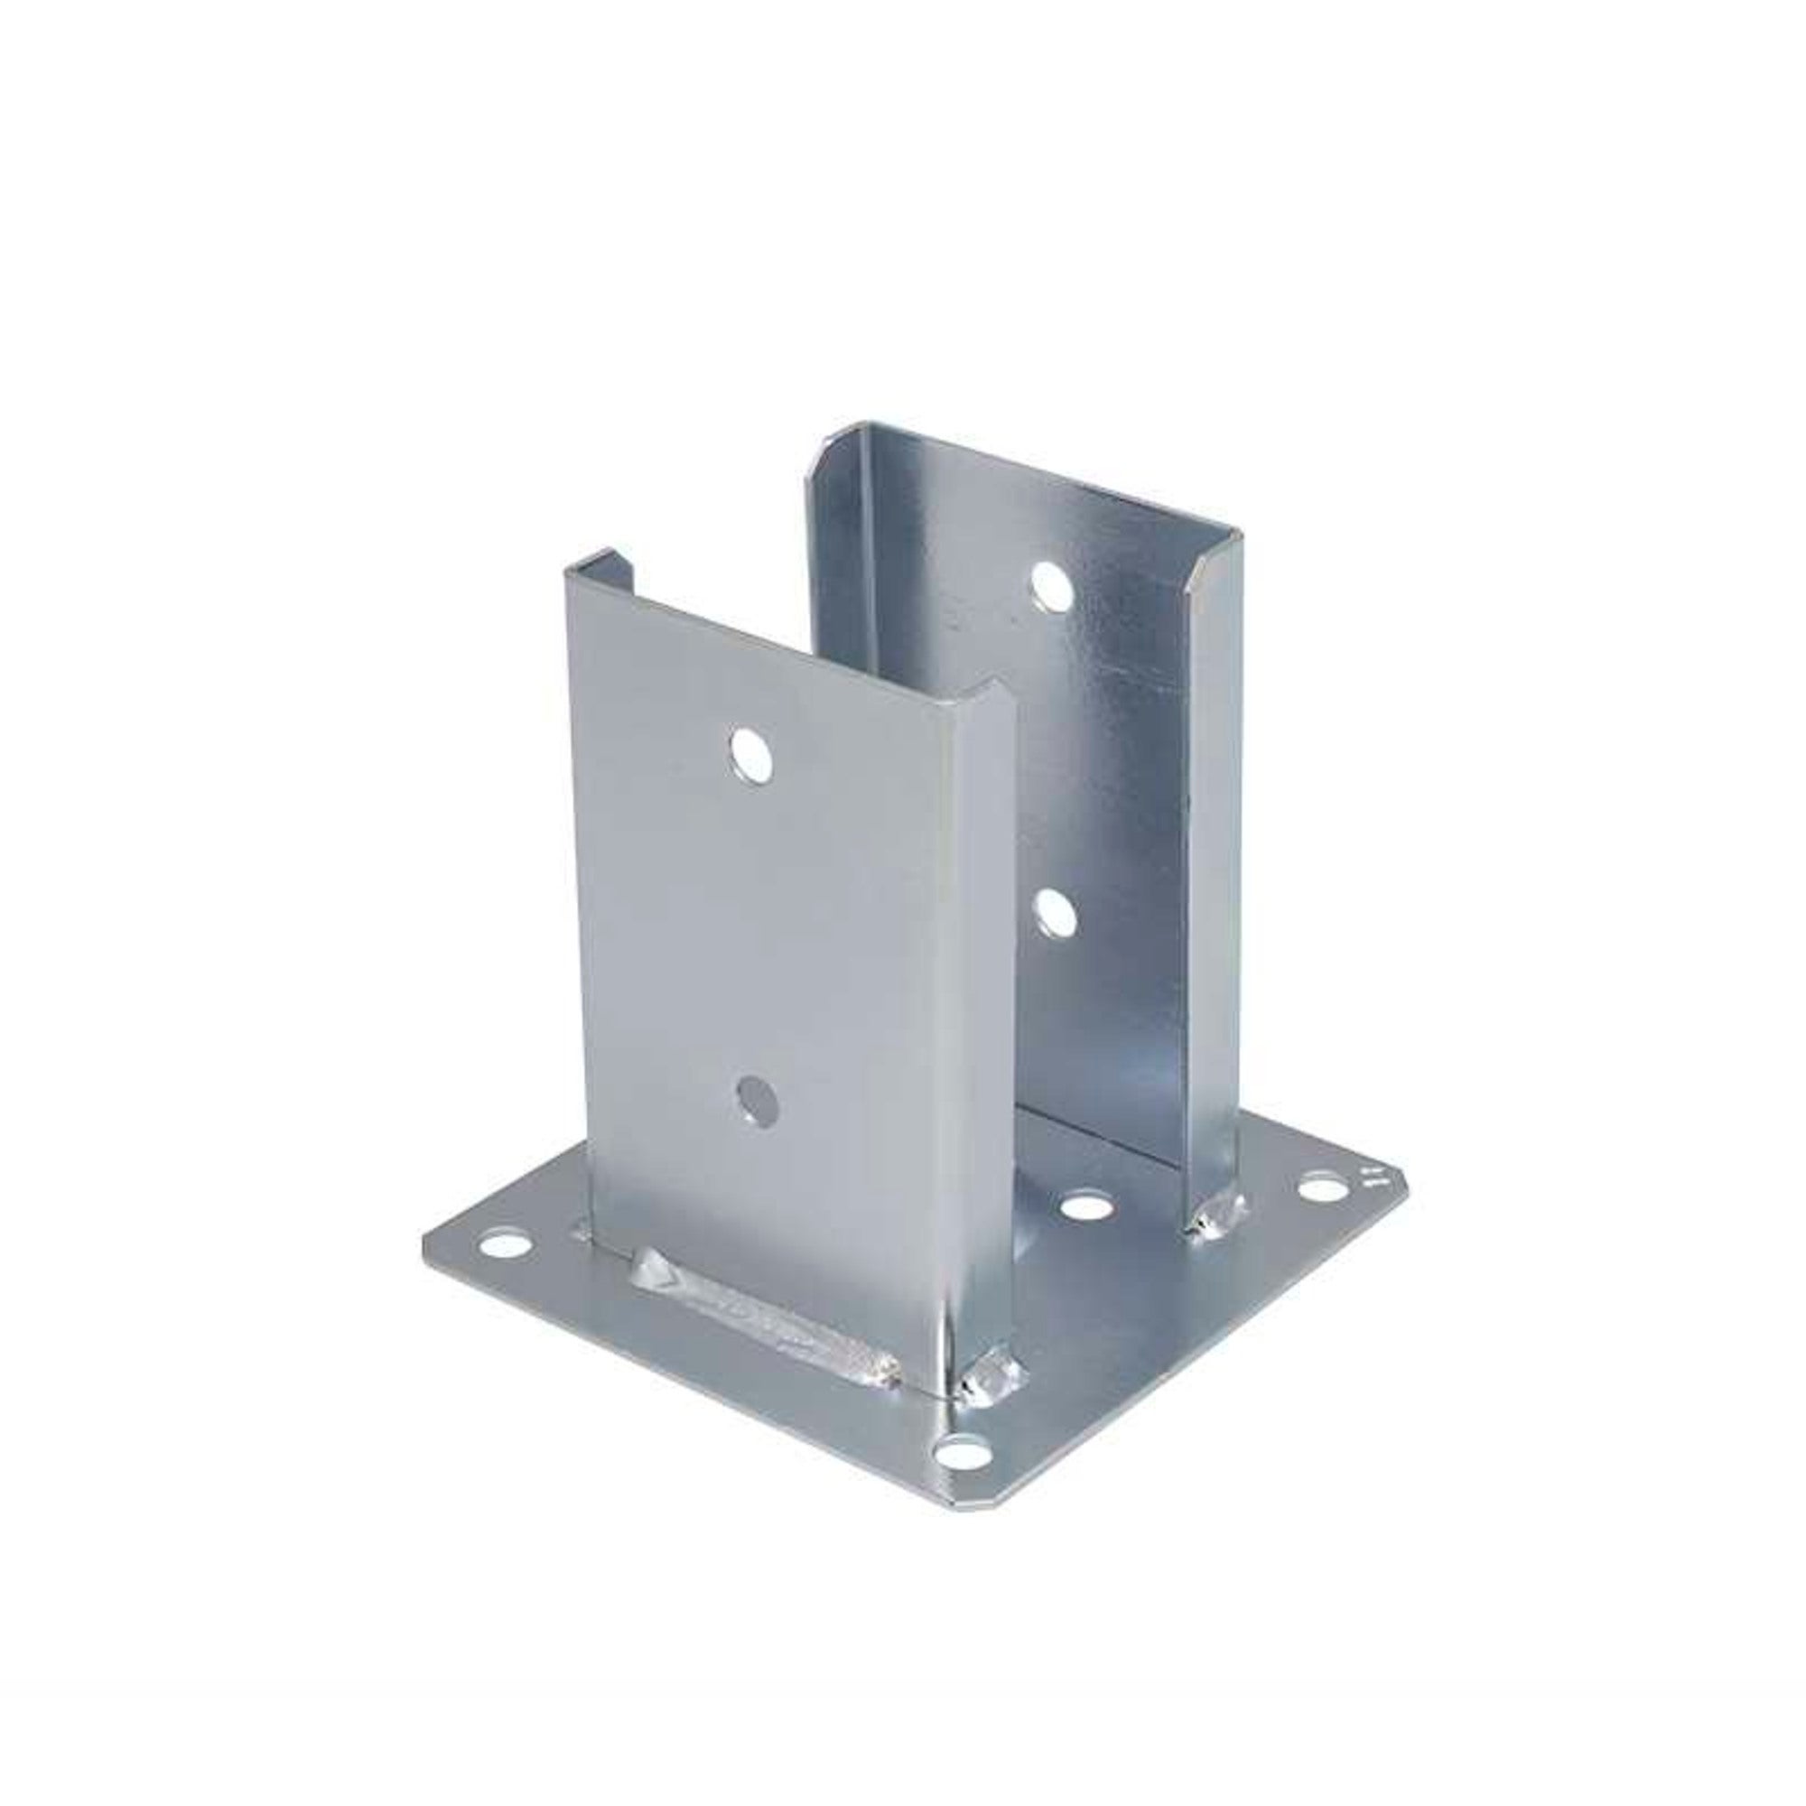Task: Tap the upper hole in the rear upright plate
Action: pyautogui.click(x=1052, y=586)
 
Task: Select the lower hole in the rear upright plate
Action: pyautogui.click(x=1056, y=913)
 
